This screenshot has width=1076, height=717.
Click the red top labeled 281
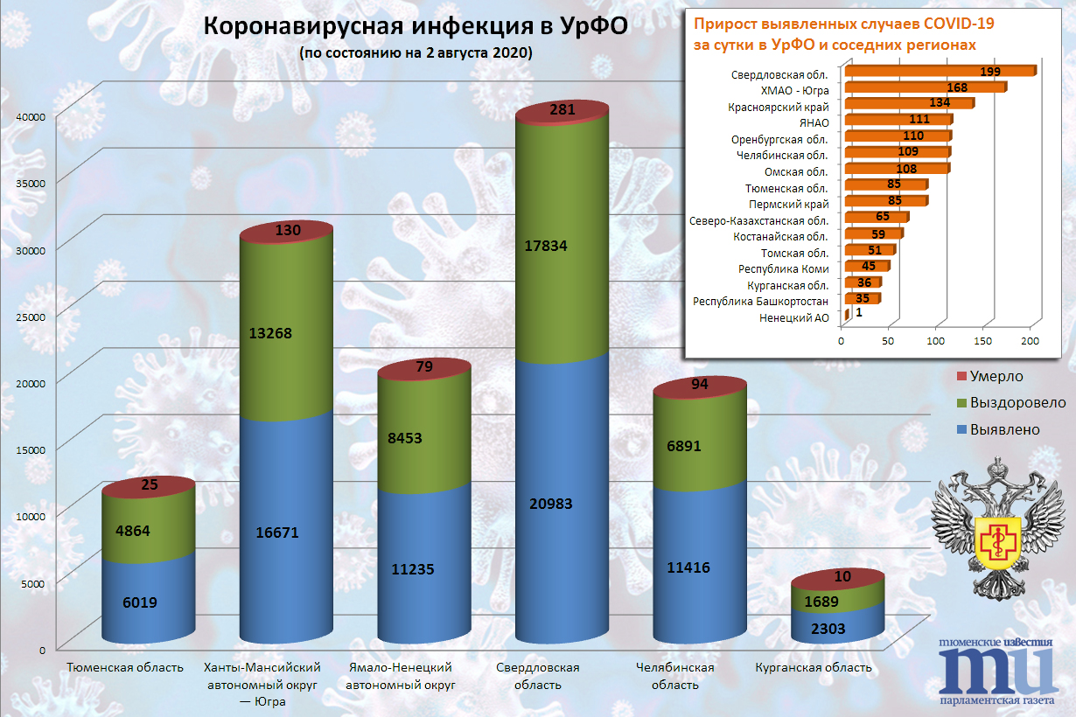click(562, 113)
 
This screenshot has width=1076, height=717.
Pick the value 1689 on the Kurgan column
click(821, 602)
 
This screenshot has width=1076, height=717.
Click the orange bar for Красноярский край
click(909, 103)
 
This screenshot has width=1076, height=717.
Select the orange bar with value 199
click(940, 71)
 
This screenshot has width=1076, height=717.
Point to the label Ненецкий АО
click(794, 318)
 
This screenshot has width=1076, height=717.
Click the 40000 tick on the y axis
click(31, 116)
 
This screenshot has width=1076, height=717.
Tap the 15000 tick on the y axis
click(31, 450)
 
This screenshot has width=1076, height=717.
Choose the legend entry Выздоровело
click(1011, 402)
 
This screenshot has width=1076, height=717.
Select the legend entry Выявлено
click(998, 429)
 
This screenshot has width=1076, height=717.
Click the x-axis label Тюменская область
click(125, 667)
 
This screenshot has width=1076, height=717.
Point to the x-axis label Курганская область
click(814, 667)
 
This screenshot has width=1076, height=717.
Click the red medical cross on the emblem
click(999, 543)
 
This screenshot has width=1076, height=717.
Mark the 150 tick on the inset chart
click(982, 341)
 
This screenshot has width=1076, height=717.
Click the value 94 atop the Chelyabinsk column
click(700, 384)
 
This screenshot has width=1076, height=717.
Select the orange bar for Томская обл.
click(870, 250)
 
